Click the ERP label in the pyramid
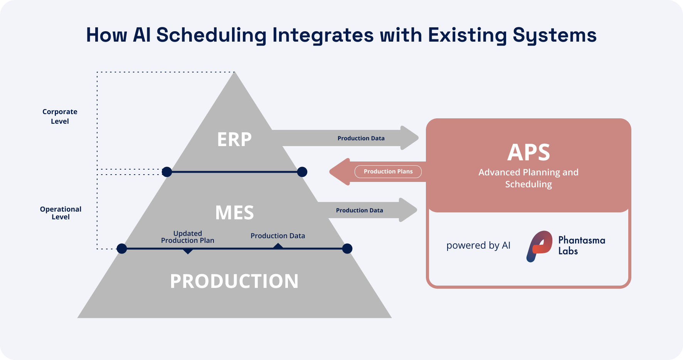234,140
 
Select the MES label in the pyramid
234,213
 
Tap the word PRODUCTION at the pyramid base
234,281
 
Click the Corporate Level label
60,116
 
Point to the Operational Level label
61,213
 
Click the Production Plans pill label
388,172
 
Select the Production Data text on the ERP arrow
361,138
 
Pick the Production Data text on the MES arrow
359,210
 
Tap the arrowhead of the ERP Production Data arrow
409,138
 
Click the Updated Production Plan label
187,237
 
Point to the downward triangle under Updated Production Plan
188,251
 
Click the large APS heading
528,153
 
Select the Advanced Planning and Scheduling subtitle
528,178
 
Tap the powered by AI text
478,246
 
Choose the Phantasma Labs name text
581,246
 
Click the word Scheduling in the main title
211,35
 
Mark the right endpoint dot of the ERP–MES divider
302,172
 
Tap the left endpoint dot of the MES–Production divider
122,249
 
